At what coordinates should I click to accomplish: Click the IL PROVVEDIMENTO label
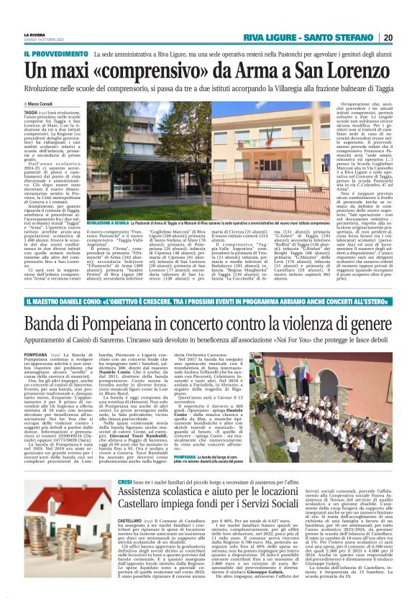coord(52,54)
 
